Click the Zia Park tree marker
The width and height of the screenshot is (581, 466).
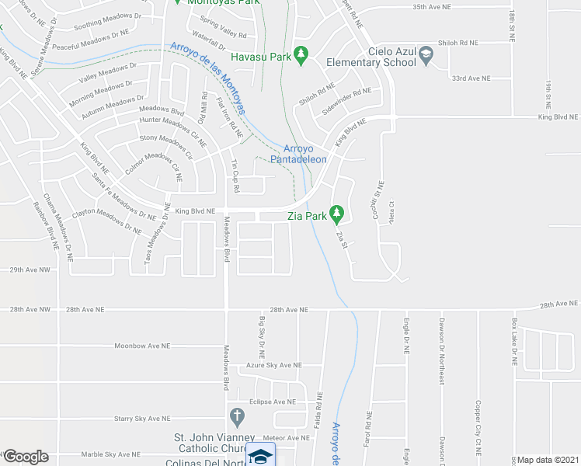coord(336,211)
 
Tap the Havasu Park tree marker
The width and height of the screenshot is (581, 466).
coord(304,56)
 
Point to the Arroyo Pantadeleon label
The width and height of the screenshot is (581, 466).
coord(299,154)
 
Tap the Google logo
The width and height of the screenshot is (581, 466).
coord(25,457)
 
